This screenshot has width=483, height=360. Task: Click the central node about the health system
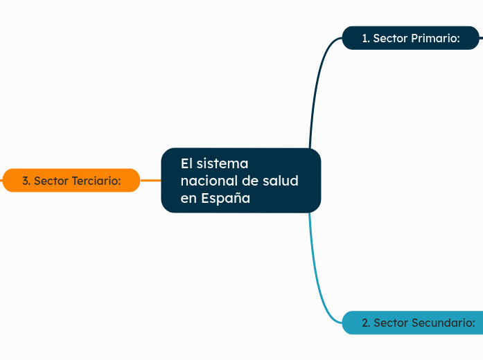coord(240,180)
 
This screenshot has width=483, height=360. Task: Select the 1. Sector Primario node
coord(411,39)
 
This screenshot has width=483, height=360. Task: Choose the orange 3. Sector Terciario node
coord(71,181)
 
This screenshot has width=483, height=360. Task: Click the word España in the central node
coord(226,198)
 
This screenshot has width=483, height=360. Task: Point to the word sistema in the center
coord(222,163)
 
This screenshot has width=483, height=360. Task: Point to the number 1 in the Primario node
coord(365,39)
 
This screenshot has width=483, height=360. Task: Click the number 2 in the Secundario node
coord(365,323)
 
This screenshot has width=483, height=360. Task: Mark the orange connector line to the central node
coord(150,180)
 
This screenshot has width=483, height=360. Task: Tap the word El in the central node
coord(186,163)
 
